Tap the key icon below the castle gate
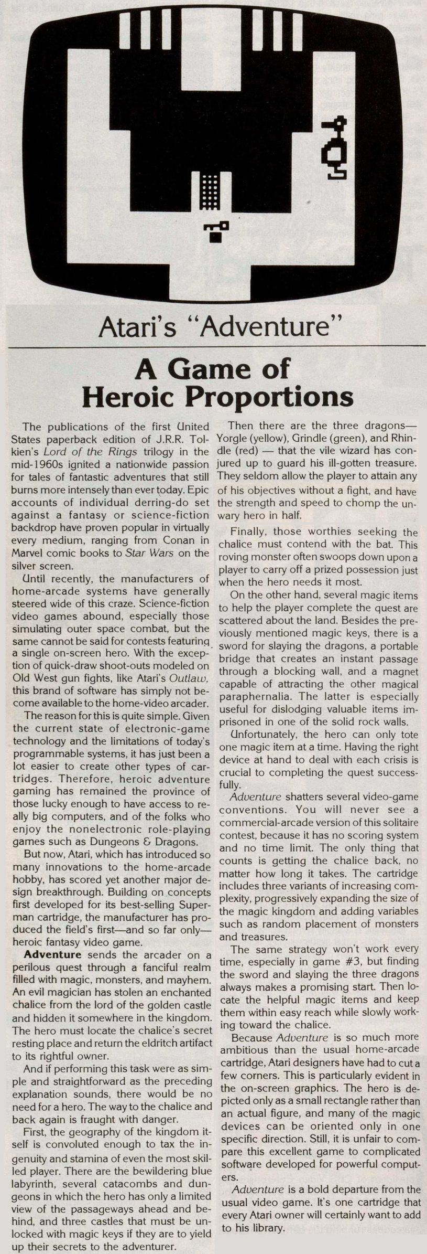coord(216,231)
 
